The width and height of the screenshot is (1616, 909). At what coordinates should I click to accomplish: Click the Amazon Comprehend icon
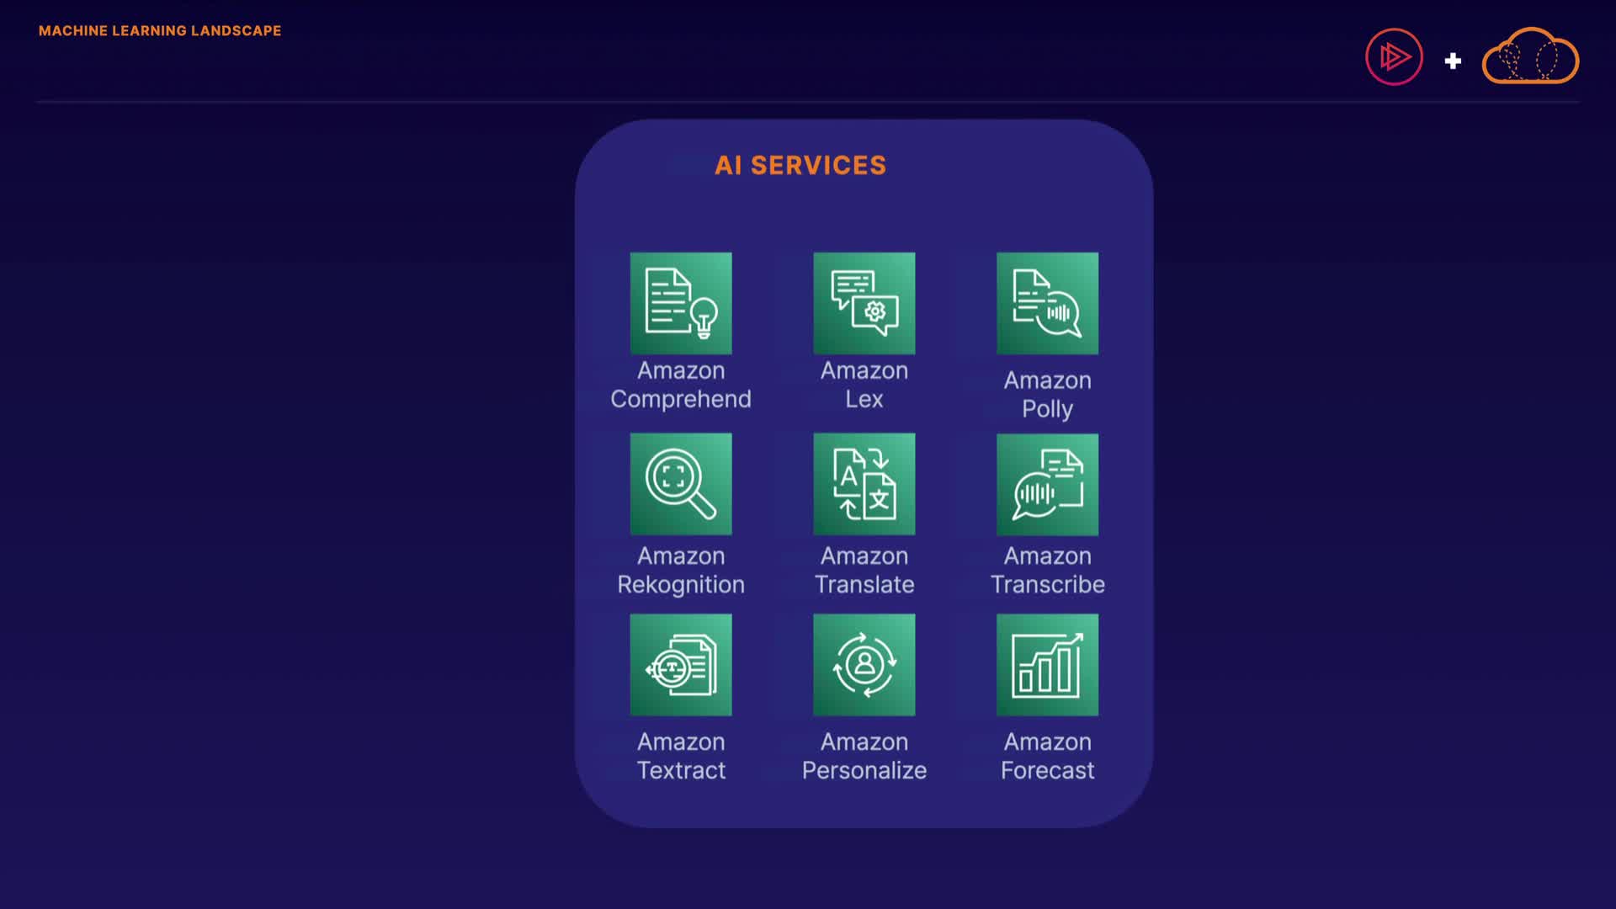click(680, 303)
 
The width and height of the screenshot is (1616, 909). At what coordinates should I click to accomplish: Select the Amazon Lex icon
click(864, 303)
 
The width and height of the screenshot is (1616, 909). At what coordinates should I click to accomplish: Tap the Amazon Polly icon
click(1047, 303)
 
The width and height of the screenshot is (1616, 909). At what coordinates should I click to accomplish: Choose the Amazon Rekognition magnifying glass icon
click(680, 484)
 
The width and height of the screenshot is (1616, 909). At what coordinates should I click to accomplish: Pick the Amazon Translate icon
click(864, 484)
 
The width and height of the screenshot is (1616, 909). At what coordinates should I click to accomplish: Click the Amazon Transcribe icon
click(1047, 485)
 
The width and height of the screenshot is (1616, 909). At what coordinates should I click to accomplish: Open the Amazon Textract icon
click(680, 665)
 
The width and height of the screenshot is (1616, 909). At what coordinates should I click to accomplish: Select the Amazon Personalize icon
click(864, 665)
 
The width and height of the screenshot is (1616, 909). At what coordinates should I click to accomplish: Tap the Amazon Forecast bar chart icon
click(1047, 665)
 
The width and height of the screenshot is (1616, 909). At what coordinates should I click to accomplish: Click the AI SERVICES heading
click(800, 165)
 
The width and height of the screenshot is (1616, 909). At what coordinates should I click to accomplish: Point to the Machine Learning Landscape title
click(160, 31)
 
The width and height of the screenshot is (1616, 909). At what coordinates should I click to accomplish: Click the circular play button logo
click(1394, 57)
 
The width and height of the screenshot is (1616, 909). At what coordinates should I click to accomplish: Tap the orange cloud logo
click(1530, 57)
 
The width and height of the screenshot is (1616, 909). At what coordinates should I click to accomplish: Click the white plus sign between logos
click(1453, 61)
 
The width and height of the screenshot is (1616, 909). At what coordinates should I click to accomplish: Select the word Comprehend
click(680, 399)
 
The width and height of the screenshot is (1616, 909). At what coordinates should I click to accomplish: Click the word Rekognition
click(680, 584)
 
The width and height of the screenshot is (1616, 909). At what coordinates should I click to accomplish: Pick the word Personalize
click(864, 770)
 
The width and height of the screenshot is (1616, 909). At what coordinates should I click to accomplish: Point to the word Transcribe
click(1047, 584)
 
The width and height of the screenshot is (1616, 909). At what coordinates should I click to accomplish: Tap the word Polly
click(1047, 409)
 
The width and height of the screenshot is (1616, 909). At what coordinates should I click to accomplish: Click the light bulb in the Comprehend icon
click(704, 317)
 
